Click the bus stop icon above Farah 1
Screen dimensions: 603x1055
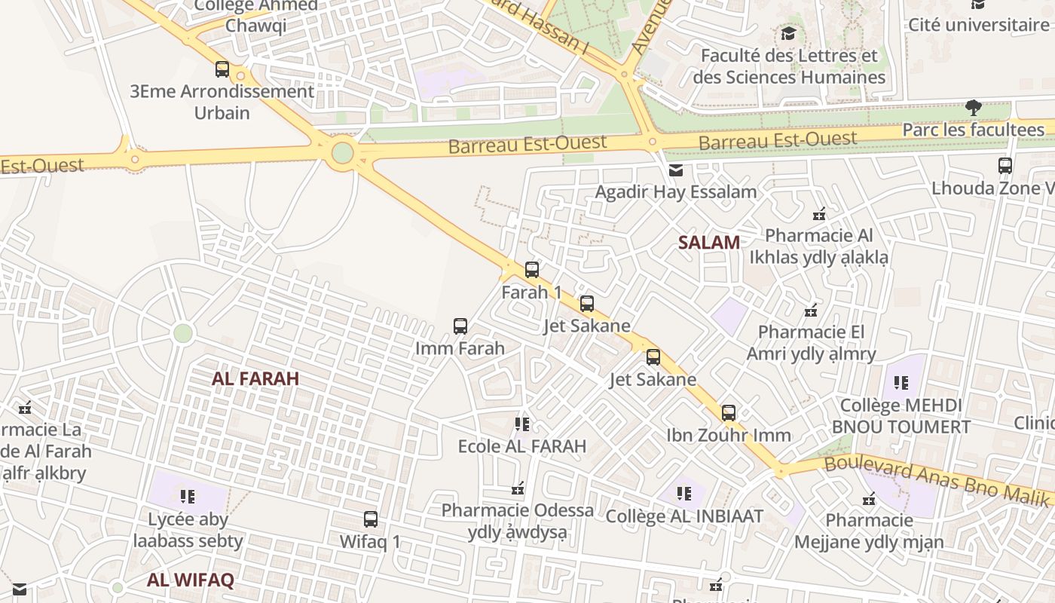click(x=532, y=269)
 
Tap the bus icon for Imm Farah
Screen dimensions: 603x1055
click(x=460, y=326)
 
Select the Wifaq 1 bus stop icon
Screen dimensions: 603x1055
click(x=371, y=519)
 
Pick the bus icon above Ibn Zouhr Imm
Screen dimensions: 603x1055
click(x=729, y=413)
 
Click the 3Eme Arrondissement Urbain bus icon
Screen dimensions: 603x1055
click(x=222, y=69)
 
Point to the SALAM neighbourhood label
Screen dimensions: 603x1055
click(x=708, y=243)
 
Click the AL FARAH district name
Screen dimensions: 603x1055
click(x=255, y=379)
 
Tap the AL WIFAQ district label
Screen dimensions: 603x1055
click(x=191, y=580)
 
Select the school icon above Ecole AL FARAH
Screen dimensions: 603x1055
click(x=522, y=424)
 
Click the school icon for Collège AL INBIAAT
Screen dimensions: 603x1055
click(x=684, y=494)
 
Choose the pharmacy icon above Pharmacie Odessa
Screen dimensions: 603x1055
click(x=518, y=489)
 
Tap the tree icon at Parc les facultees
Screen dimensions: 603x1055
click(x=974, y=108)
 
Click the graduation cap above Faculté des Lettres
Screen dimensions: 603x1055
click(x=788, y=33)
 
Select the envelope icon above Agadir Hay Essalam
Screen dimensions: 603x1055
click(x=676, y=170)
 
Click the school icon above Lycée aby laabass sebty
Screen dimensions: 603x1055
click(x=188, y=497)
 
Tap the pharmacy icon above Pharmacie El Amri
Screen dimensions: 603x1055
click(x=811, y=310)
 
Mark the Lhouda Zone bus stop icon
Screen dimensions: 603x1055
click(x=1005, y=166)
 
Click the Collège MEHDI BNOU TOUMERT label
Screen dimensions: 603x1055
click(x=901, y=416)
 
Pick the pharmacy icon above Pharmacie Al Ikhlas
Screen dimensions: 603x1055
click(x=819, y=214)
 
